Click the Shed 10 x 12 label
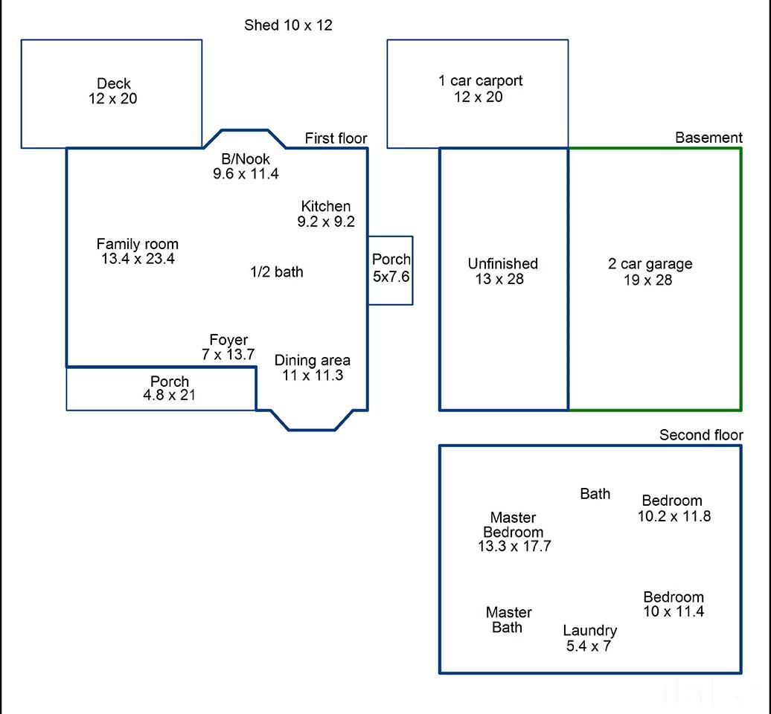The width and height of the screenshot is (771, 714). pyautogui.click(x=288, y=25)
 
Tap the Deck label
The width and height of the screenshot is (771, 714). pyautogui.click(x=114, y=83)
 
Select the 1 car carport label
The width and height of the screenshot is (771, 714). pyautogui.click(x=480, y=80)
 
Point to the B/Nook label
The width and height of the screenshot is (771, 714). pyautogui.click(x=246, y=158)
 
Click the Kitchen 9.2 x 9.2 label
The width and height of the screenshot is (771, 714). pyautogui.click(x=325, y=213)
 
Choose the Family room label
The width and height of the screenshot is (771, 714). pyautogui.click(x=137, y=244)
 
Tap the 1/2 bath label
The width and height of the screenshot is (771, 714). pyautogui.click(x=276, y=271)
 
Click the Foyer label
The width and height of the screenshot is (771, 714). pyautogui.click(x=228, y=340)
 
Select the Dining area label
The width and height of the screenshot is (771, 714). pyautogui.click(x=313, y=360)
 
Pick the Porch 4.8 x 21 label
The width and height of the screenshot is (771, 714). pyautogui.click(x=169, y=388)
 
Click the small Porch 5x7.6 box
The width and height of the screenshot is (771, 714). pyautogui.click(x=391, y=270)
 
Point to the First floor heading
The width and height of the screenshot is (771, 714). pyautogui.click(x=336, y=138)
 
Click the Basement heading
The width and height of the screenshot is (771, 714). pyautogui.click(x=708, y=138)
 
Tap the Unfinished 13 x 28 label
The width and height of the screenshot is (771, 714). pyautogui.click(x=502, y=271)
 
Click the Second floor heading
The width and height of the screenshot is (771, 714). pyautogui.click(x=701, y=435)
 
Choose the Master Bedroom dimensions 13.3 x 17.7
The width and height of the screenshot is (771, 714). pyautogui.click(x=514, y=546)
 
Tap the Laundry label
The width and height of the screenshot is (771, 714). pyautogui.click(x=589, y=631)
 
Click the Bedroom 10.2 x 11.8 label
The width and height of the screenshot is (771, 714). pyautogui.click(x=674, y=508)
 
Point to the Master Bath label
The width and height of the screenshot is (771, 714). pyautogui.click(x=508, y=620)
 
